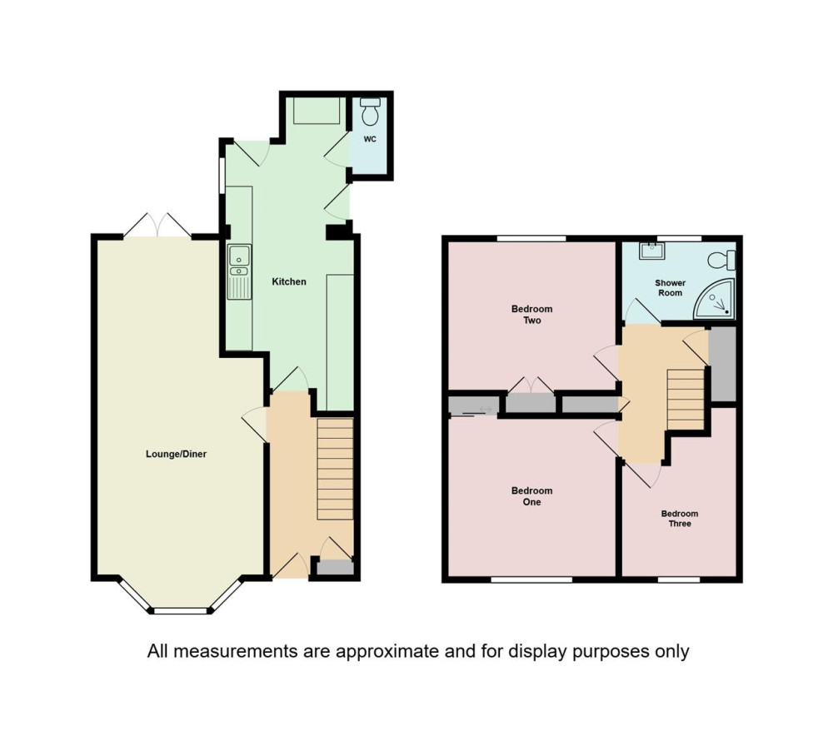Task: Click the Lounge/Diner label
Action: pyautogui.click(x=176, y=454)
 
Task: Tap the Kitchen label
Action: pyautogui.click(x=289, y=281)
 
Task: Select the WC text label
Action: pyautogui.click(x=370, y=139)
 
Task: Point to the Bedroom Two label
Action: pyautogui.click(x=531, y=315)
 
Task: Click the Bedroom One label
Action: pyautogui.click(x=531, y=496)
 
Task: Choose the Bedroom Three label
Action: pyautogui.click(x=680, y=519)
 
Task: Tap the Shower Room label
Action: pyautogui.click(x=670, y=288)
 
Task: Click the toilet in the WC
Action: pyautogui.click(x=370, y=111)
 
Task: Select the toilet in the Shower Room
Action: pyautogui.click(x=721, y=260)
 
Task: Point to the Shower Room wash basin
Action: pyautogui.click(x=651, y=250)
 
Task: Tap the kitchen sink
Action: pyautogui.click(x=240, y=271)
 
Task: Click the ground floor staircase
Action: pyautogui.click(x=335, y=469)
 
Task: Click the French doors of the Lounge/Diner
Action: pyautogui.click(x=157, y=226)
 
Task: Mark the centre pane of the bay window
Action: pyautogui.click(x=180, y=611)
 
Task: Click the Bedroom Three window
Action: pyautogui.click(x=679, y=579)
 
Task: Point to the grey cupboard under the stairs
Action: pyautogui.click(x=335, y=568)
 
